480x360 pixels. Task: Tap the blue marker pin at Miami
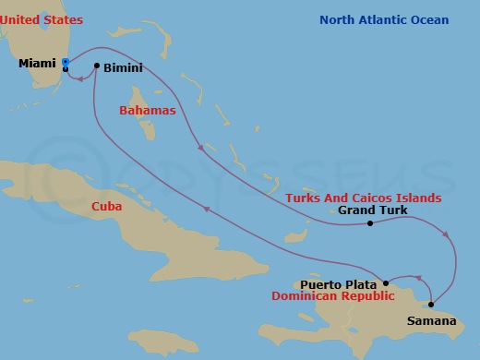tap(66, 63)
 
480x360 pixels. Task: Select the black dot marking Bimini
tap(97, 66)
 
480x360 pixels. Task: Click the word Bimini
tap(125, 67)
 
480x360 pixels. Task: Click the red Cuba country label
tap(107, 208)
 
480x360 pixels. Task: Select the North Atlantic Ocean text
tap(384, 20)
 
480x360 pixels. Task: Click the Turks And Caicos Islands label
tap(363, 198)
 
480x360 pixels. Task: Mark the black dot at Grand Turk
tap(369, 223)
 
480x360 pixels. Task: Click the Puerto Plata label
tap(339, 284)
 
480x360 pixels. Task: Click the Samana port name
tap(431, 321)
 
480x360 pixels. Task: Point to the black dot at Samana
tap(431, 305)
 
